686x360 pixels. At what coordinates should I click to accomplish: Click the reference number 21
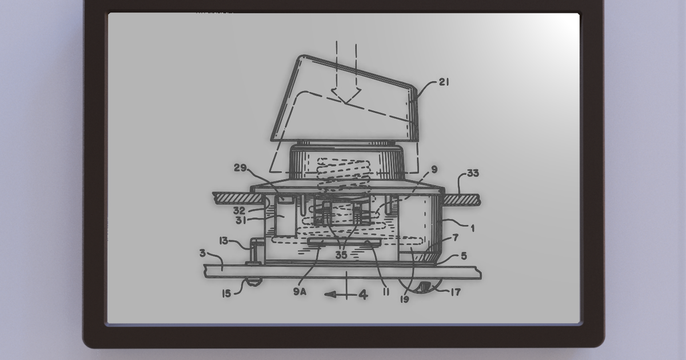[x=443, y=82]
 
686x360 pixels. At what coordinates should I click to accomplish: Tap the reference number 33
[x=472, y=173]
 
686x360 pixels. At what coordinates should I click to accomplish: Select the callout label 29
[x=241, y=167]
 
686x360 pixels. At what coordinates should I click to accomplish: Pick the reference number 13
[x=224, y=241]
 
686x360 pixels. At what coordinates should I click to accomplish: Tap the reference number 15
[x=226, y=294]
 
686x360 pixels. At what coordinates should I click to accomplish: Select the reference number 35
[x=341, y=255]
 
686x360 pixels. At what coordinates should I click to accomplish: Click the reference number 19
[x=405, y=298]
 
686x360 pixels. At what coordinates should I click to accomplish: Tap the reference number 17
[x=455, y=292]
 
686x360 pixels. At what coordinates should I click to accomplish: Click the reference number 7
[x=454, y=237]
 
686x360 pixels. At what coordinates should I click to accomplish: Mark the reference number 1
[x=472, y=227]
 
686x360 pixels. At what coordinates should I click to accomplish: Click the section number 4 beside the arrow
[x=362, y=295]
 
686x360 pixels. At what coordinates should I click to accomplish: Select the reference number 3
[x=202, y=253]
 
